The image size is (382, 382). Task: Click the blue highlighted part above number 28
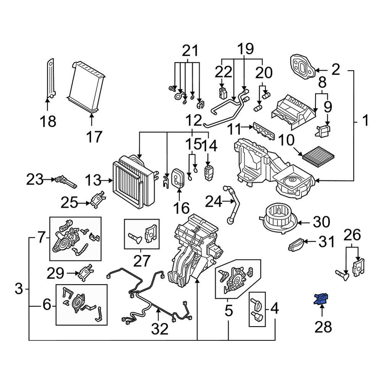point(321,299)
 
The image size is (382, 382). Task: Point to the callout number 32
point(159,329)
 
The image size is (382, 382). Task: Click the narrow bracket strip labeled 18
point(50,78)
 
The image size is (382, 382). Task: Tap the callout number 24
point(214,201)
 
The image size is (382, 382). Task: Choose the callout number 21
point(190,51)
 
